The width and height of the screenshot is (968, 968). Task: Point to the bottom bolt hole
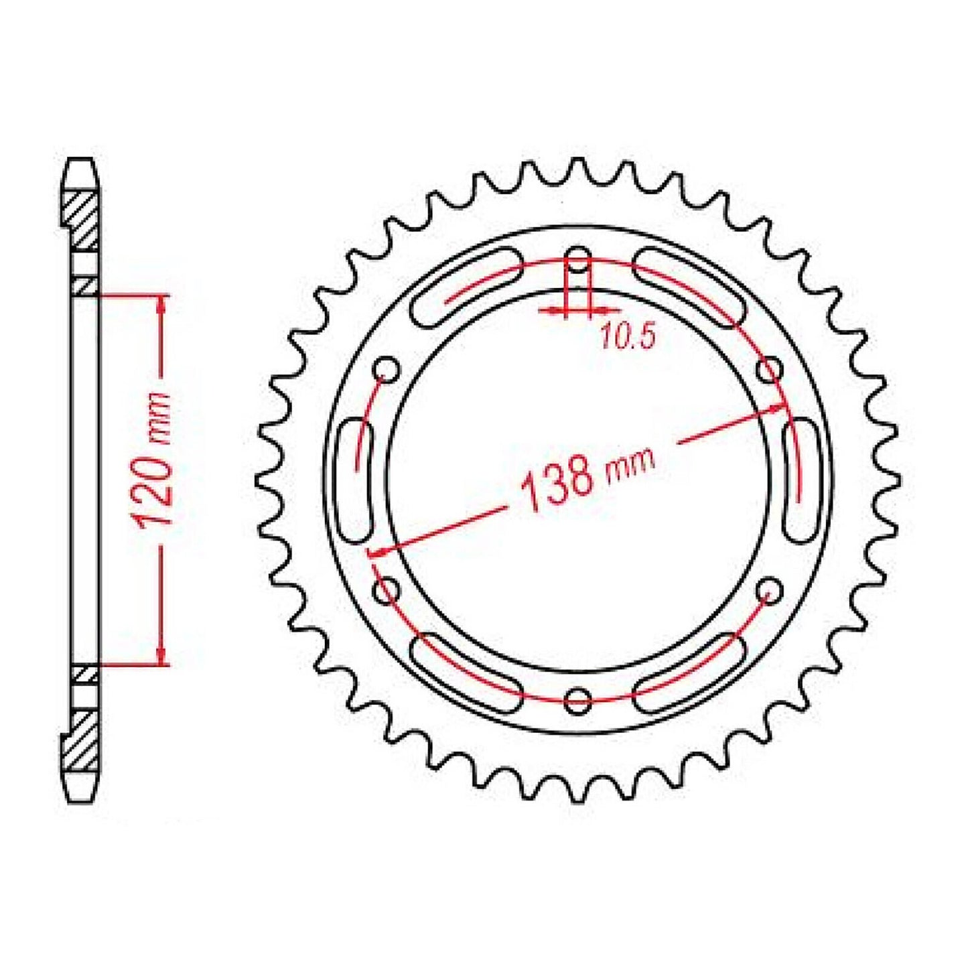click(577, 701)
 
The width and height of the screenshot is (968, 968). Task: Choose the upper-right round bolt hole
click(769, 369)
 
